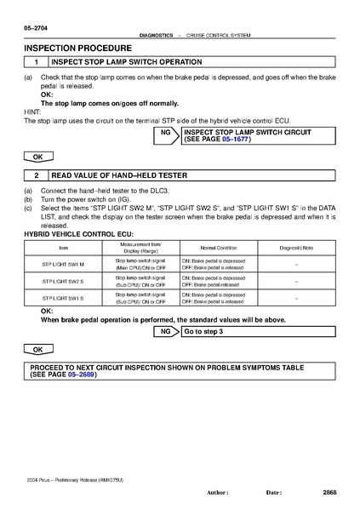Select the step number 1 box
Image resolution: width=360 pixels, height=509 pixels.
tap(36, 63)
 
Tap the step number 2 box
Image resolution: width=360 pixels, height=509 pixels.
tap(36, 175)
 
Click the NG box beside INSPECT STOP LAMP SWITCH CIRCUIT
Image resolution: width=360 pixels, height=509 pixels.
tap(168, 136)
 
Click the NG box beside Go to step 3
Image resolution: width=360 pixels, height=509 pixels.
tap(168, 331)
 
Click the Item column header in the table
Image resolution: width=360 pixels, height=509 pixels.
tap(63, 246)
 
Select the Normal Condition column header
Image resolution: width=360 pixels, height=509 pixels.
tap(213, 246)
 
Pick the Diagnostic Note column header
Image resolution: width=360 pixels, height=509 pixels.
tap(296, 246)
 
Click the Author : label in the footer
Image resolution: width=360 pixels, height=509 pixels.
tap(219, 493)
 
